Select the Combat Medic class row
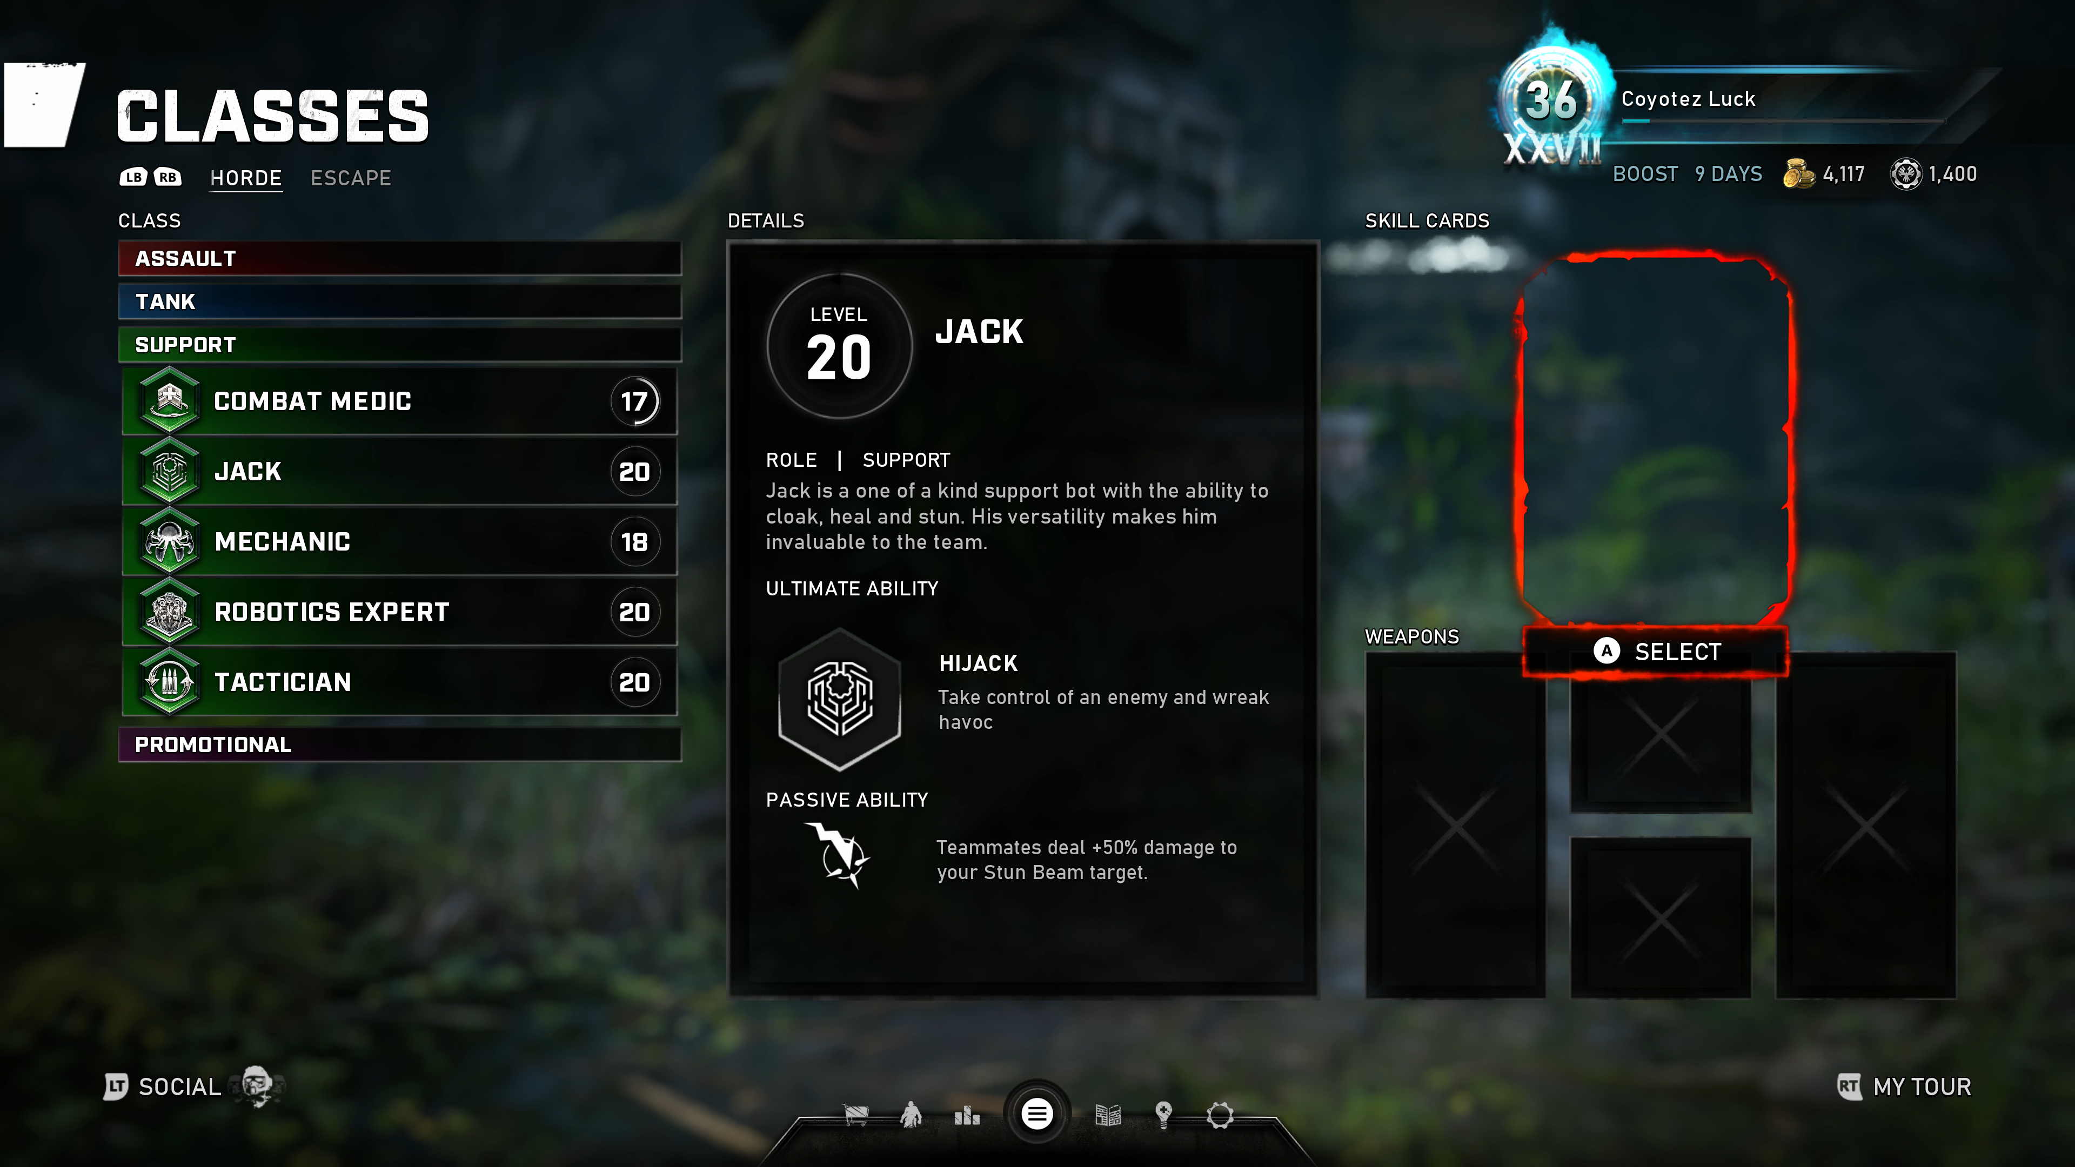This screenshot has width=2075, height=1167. pos(399,401)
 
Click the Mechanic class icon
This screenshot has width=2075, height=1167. pos(169,541)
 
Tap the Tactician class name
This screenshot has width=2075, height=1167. pos(283,682)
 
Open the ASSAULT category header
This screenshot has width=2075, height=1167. pos(399,259)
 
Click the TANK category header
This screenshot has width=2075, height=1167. pos(399,302)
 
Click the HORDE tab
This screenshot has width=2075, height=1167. pos(246,178)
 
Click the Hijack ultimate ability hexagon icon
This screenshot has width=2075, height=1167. pos(839,698)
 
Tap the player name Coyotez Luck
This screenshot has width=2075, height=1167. pos(1688,99)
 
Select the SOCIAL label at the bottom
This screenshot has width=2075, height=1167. pos(179,1087)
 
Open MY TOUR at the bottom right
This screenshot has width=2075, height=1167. pos(1922,1087)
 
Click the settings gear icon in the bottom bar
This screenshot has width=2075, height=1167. pos(1220,1116)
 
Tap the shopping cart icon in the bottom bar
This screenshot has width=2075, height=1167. pos(855,1116)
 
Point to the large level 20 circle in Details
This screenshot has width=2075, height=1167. pos(839,346)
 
